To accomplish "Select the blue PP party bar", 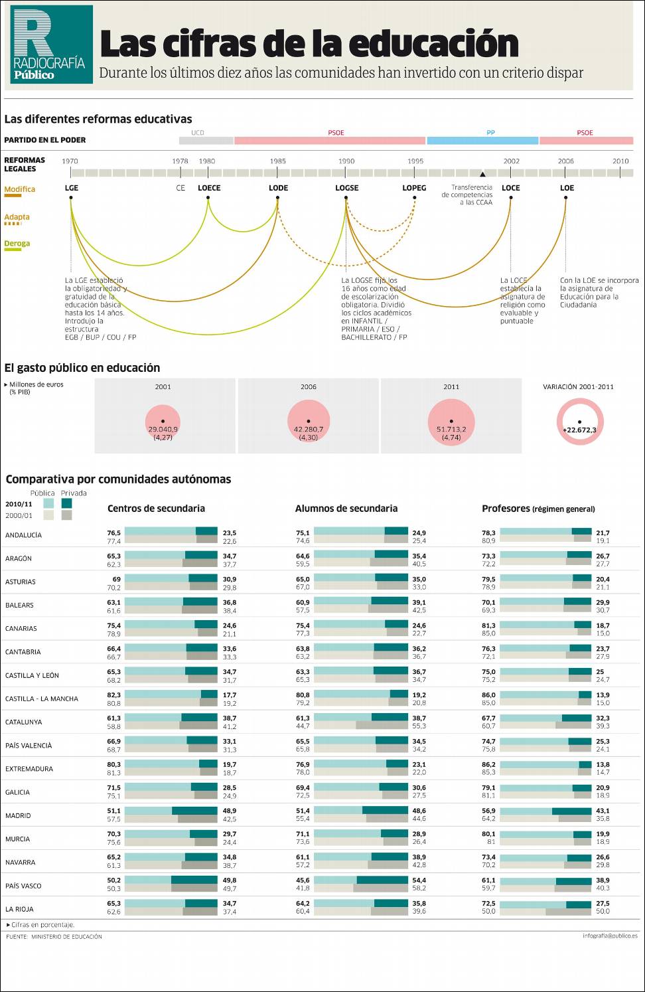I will tap(482, 140).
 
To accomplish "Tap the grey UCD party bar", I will tap(206, 140).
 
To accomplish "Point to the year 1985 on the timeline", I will tap(278, 161).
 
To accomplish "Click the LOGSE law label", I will tap(346, 188).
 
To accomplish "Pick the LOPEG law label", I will tap(414, 188).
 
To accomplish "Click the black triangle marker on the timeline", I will tap(482, 175).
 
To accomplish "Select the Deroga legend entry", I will tap(17, 244).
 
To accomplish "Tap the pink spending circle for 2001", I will tap(163, 424).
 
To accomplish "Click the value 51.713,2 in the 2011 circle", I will tap(451, 430).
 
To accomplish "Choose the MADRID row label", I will tap(18, 815).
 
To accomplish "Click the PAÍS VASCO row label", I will tap(23, 886).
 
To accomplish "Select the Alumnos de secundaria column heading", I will tap(346, 509).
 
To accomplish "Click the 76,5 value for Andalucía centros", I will tap(114, 533).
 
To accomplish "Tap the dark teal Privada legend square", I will tap(66, 503).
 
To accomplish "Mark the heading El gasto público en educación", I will tap(82, 368).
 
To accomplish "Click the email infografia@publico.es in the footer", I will tap(610, 936).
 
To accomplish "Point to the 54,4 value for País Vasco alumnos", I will tap(419, 880).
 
